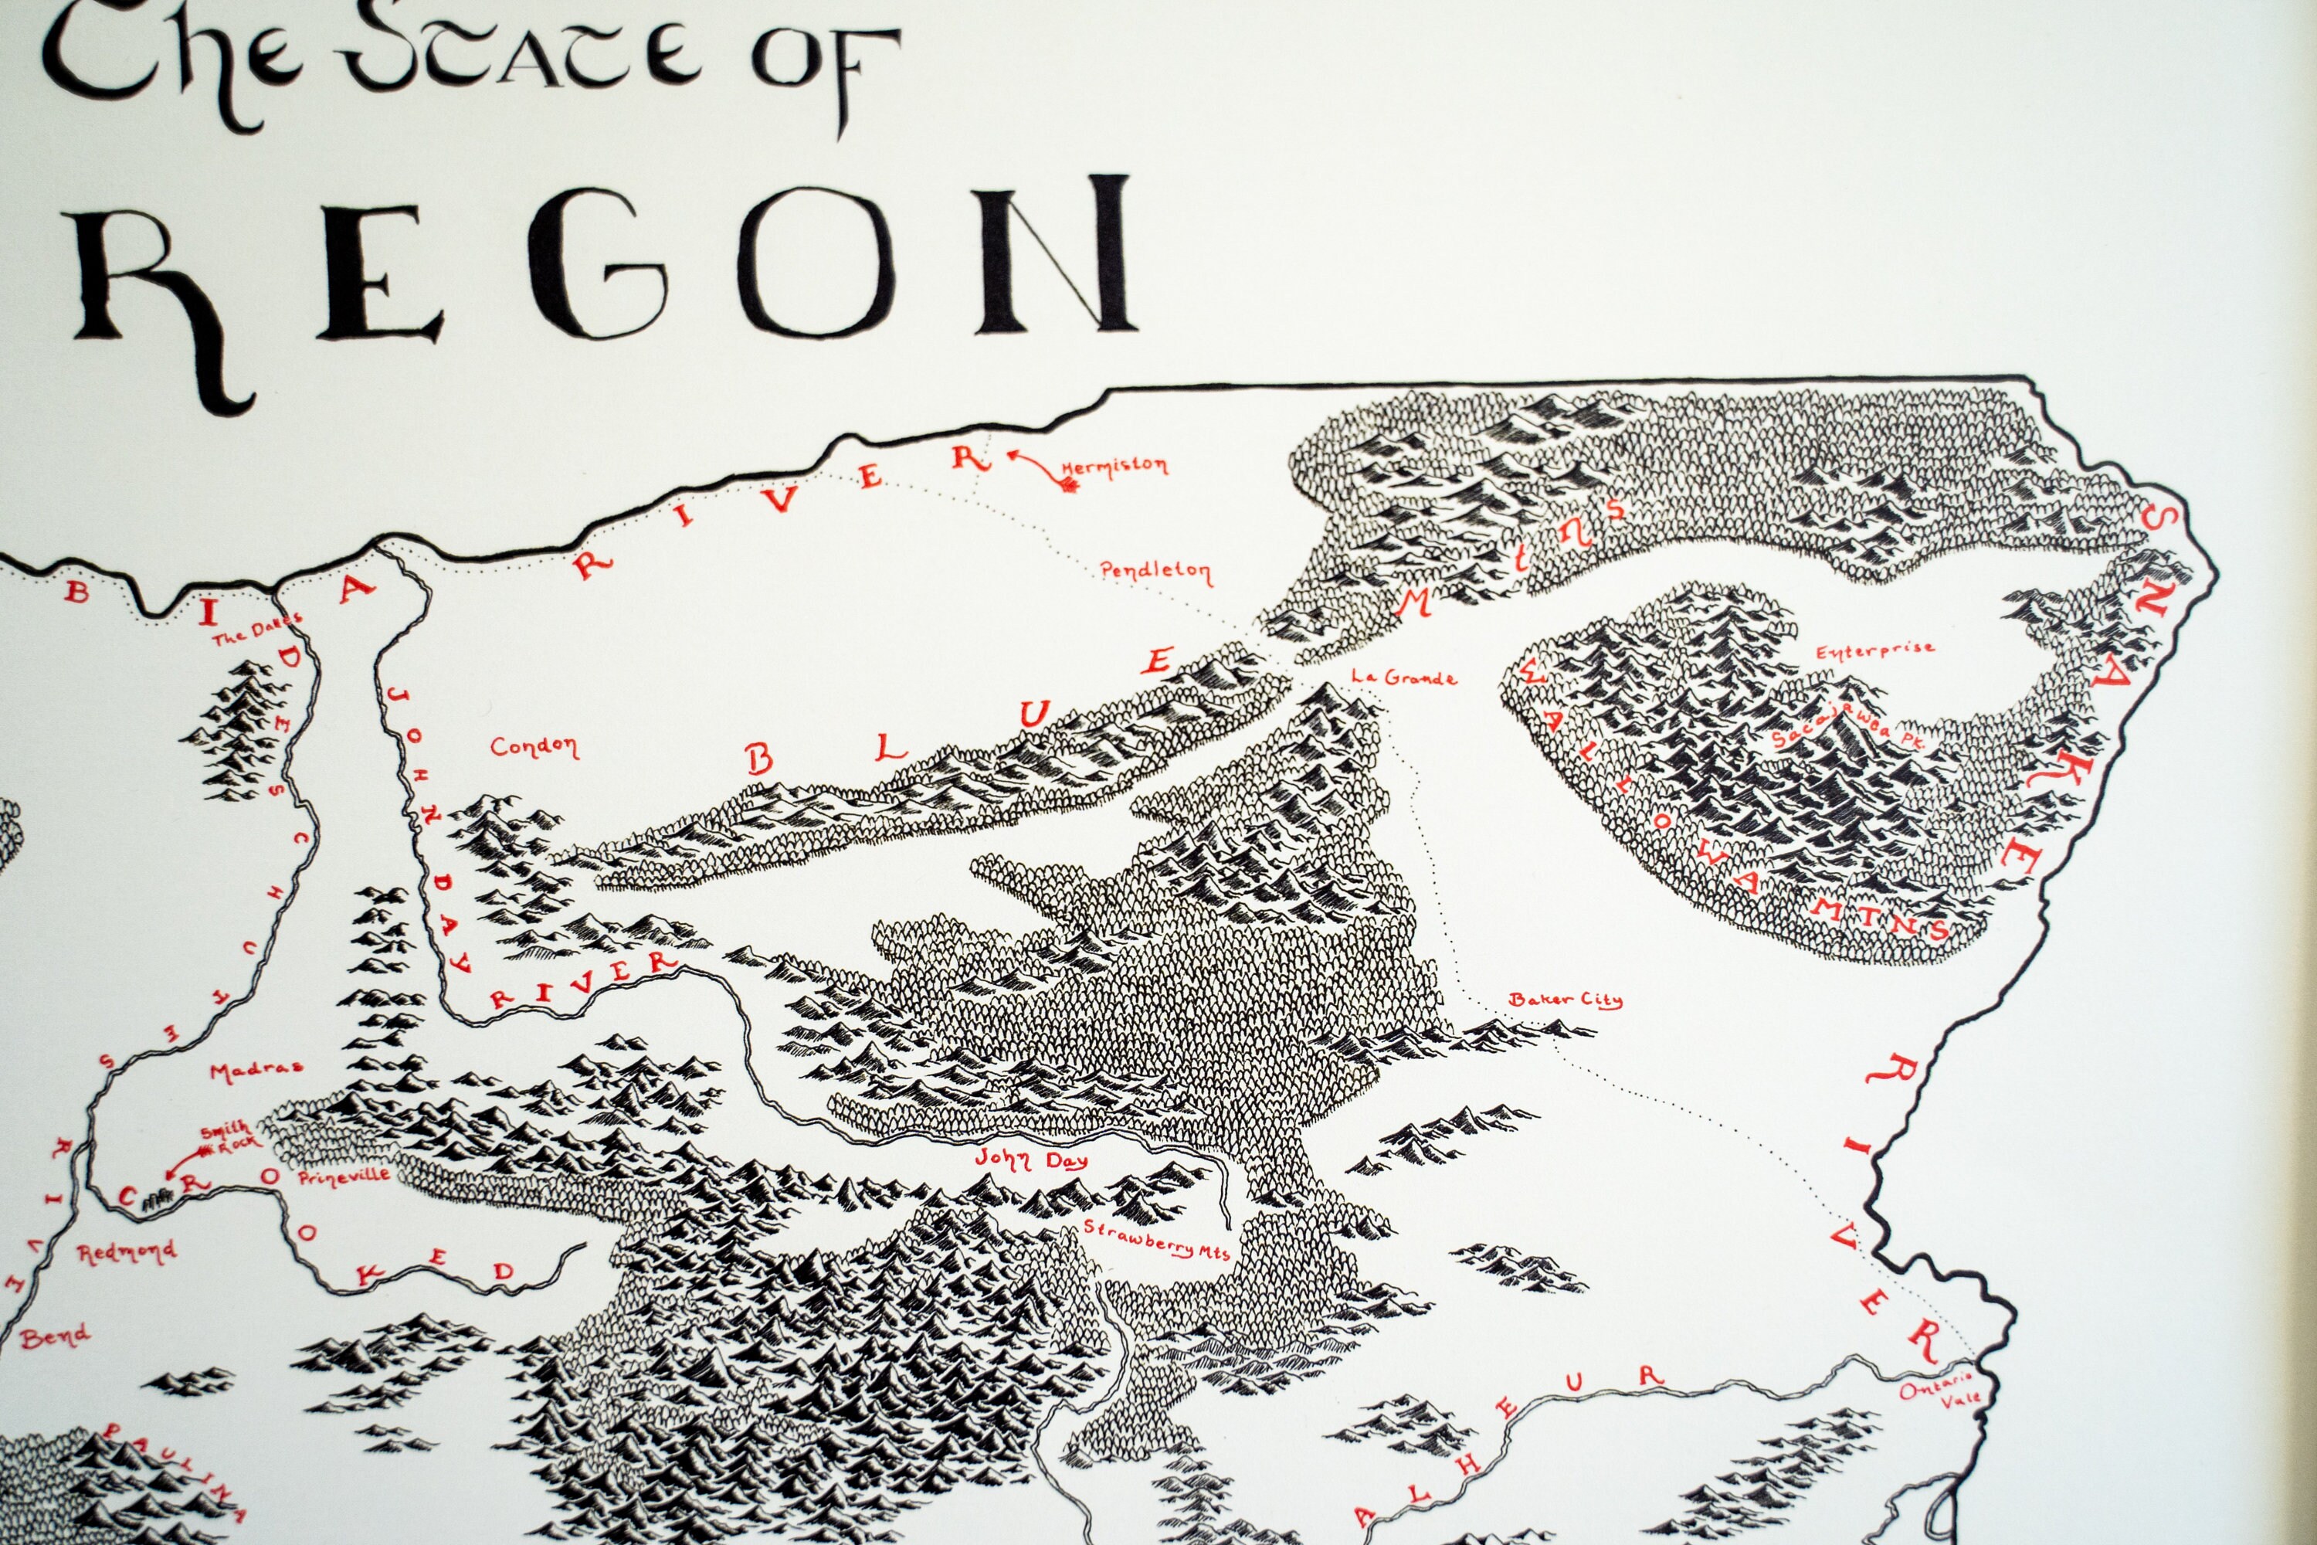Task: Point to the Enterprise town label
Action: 1874,650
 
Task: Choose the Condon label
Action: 534,747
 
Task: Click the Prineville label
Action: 344,1177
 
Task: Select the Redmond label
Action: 127,1252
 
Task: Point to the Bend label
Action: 55,1337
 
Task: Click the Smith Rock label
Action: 229,1135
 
